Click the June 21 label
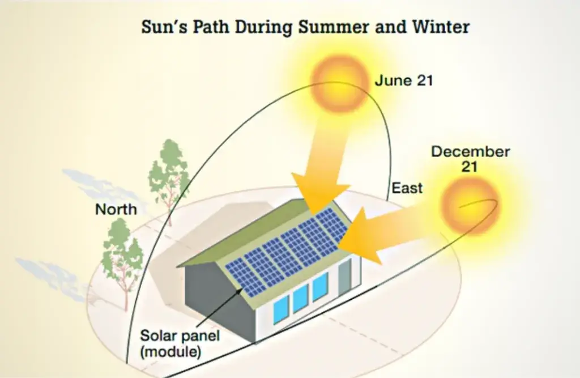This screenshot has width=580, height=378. [403, 80]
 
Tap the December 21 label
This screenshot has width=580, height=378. [470, 159]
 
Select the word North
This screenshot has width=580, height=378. [116, 210]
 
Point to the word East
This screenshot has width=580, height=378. [407, 188]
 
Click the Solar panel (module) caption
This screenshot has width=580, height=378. [180, 343]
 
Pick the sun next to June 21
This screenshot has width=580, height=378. [340, 84]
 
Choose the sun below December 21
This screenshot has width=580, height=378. [470, 206]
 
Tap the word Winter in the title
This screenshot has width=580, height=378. [441, 27]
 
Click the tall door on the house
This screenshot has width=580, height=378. [345, 277]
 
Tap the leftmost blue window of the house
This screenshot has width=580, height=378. [281, 309]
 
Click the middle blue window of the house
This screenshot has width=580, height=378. [301, 299]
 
